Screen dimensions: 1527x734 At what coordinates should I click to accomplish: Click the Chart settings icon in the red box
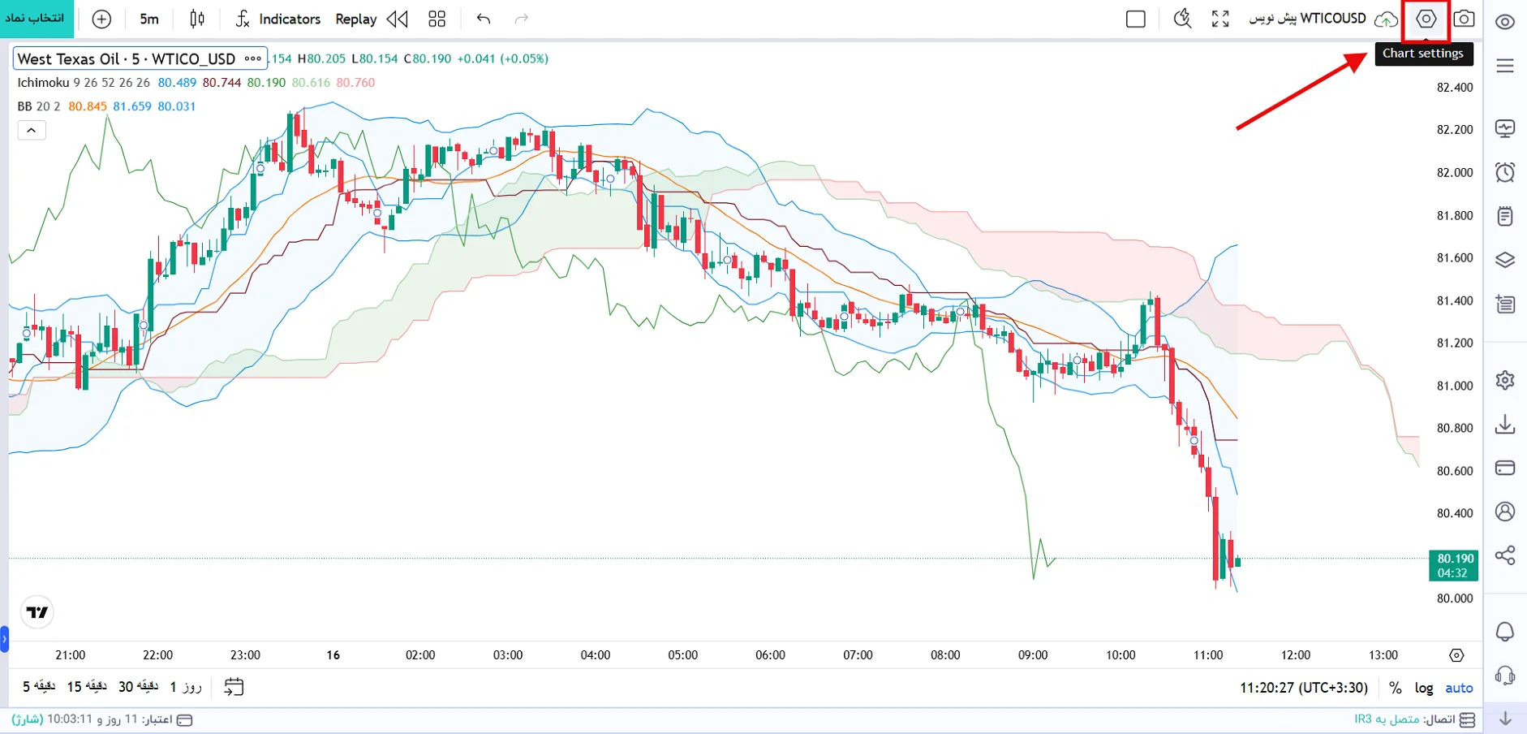(x=1426, y=19)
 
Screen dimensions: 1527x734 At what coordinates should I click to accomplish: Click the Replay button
(x=356, y=19)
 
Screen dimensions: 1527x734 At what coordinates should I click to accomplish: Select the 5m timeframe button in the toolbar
(x=149, y=19)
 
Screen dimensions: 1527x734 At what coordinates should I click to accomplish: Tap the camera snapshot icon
(x=1464, y=19)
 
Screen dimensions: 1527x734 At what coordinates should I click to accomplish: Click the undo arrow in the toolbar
(x=484, y=19)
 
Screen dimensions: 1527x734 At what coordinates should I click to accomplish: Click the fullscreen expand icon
(x=1220, y=19)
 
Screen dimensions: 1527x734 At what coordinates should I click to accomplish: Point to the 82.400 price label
(x=1455, y=88)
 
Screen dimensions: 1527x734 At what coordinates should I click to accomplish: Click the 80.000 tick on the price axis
(x=1455, y=598)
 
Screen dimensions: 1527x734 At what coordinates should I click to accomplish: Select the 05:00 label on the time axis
(x=682, y=655)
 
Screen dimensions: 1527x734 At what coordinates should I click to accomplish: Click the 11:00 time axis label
(x=1208, y=655)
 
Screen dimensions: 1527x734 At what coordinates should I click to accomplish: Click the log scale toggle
(x=1424, y=688)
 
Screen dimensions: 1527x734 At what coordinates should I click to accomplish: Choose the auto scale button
(x=1459, y=688)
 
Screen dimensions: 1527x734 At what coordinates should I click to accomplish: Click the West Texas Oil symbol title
(x=127, y=58)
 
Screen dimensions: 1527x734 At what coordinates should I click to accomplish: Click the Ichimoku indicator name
(x=43, y=83)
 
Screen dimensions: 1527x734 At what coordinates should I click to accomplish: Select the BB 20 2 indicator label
(x=39, y=106)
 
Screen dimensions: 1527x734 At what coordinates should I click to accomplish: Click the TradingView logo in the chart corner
(x=37, y=612)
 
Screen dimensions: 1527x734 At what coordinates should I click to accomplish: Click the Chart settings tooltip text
(x=1423, y=54)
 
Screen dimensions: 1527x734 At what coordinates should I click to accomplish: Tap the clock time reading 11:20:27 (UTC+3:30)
(x=1304, y=688)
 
